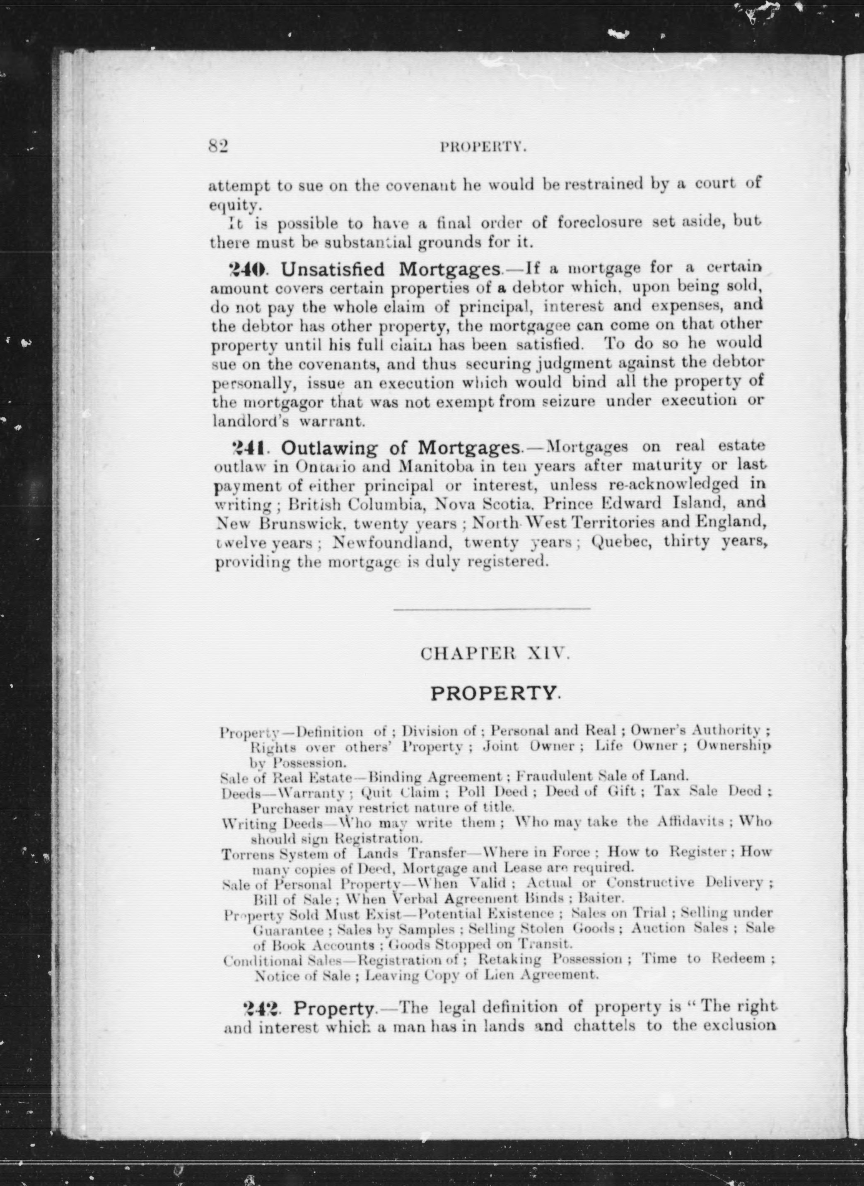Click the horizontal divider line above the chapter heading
(492, 609)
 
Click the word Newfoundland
(392, 543)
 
